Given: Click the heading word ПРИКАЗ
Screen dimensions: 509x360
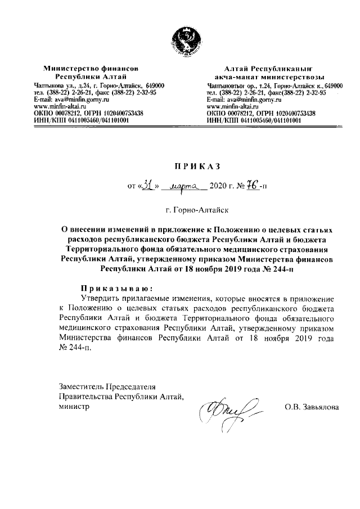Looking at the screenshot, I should coord(191,166).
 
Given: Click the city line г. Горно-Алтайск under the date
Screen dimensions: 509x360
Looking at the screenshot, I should coord(191,209).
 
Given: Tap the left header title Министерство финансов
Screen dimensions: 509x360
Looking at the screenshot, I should coord(91,68).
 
